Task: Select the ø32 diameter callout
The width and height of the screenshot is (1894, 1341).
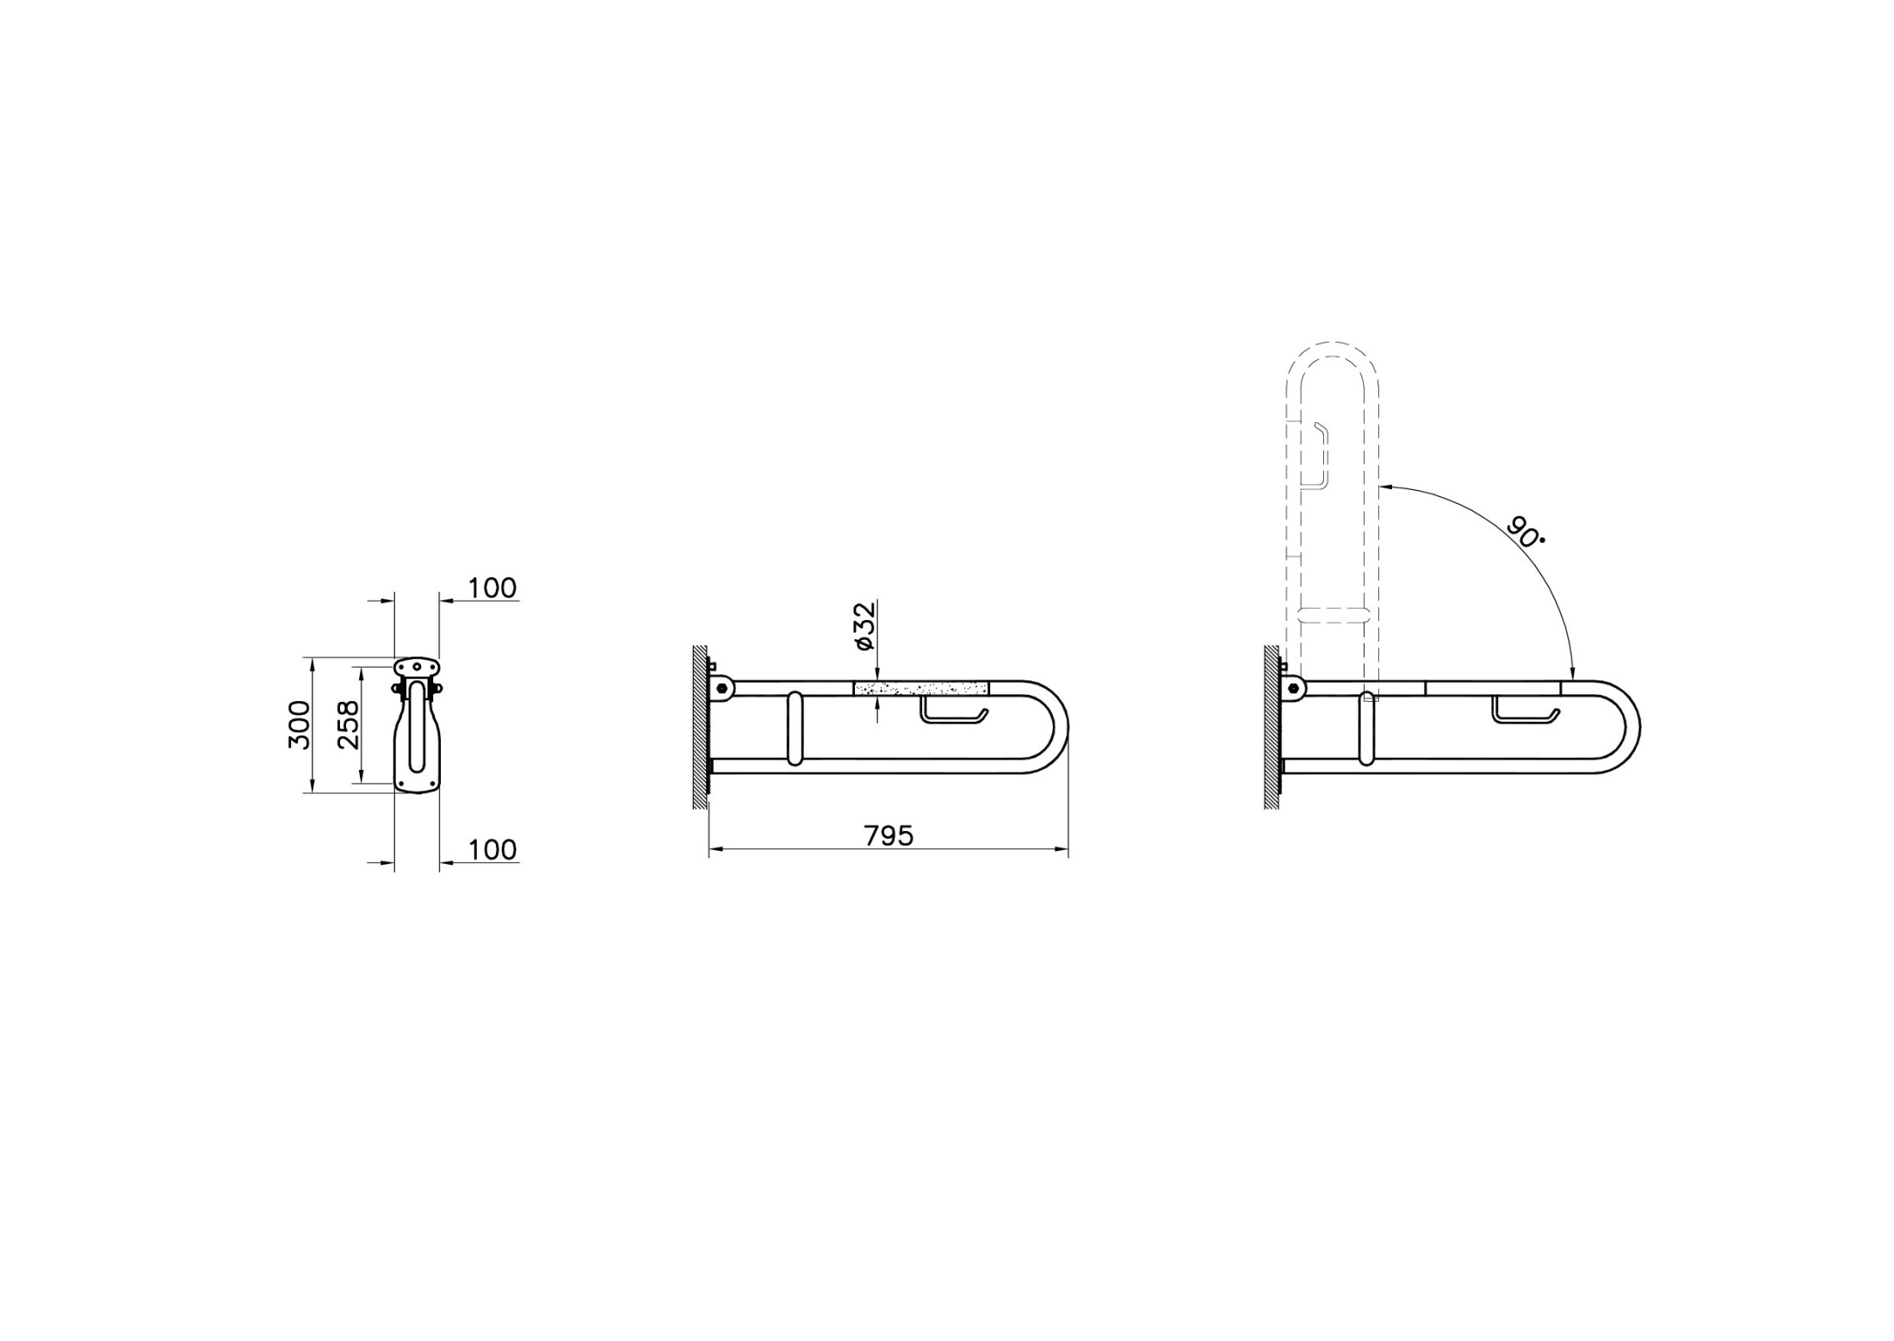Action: (864, 626)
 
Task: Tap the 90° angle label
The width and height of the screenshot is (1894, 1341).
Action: (1525, 532)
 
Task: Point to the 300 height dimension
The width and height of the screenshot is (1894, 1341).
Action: (299, 724)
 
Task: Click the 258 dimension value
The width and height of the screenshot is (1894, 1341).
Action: (349, 724)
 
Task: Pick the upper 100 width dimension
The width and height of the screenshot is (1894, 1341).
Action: (492, 588)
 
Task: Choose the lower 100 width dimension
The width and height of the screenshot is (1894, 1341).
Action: (492, 850)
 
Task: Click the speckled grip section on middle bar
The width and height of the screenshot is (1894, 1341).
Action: (921, 688)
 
